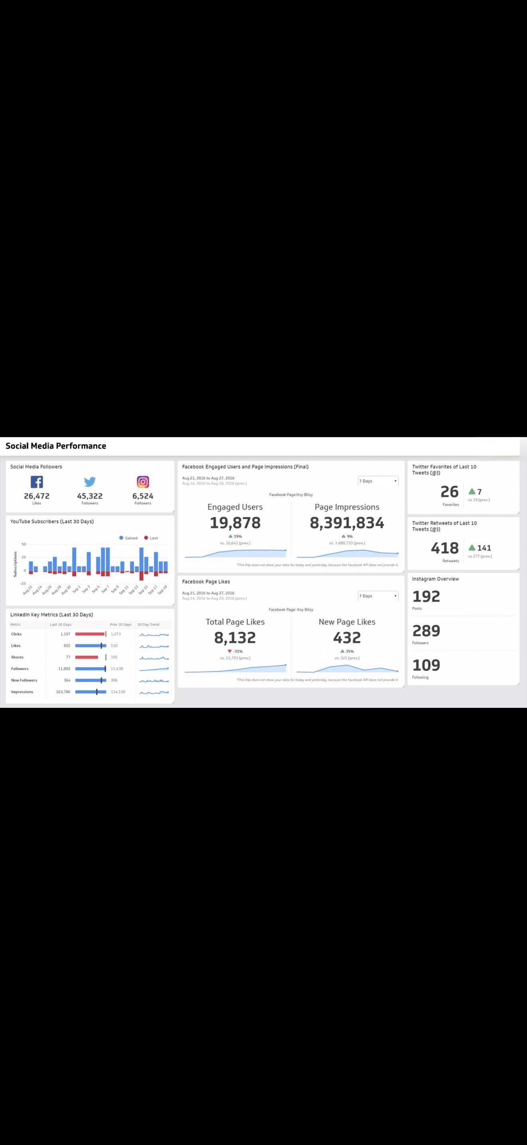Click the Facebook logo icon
[37, 482]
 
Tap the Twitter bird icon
[90, 482]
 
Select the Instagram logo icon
[143, 482]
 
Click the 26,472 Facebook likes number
[37, 496]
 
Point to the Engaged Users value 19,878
[235, 523]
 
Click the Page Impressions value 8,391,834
[347, 523]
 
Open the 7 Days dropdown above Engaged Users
[378, 481]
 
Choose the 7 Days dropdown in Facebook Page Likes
[378, 596]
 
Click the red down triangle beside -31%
[229, 651]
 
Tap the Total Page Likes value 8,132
[235, 638]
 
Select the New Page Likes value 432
[347, 638]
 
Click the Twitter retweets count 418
[445, 549]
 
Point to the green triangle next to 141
[472, 548]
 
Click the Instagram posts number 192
[426, 596]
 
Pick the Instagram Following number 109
[426, 666]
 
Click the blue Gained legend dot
[121, 538]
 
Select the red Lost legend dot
[146, 538]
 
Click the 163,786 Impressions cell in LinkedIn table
[63, 691]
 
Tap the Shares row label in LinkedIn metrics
[17, 657]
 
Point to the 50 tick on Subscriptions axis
[24, 544]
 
